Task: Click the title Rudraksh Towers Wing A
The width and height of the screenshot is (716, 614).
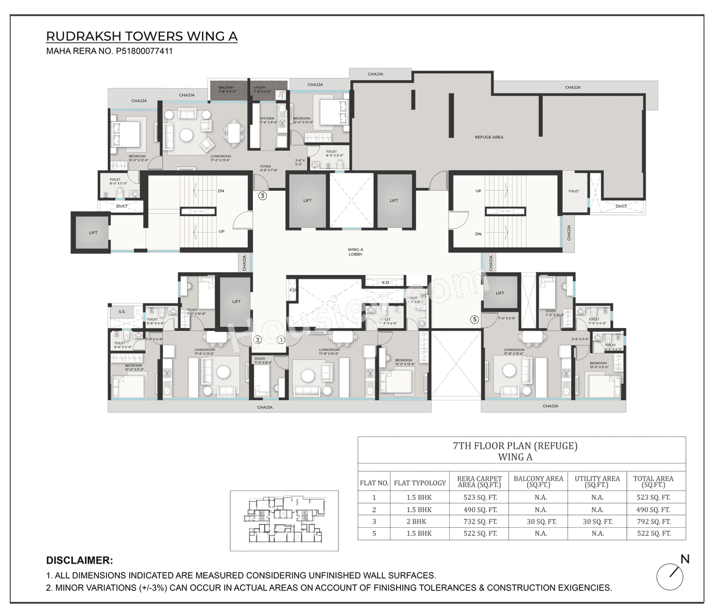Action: (142, 36)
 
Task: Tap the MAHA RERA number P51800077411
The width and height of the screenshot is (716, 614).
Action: (109, 51)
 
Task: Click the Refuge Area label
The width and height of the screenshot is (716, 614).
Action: (489, 137)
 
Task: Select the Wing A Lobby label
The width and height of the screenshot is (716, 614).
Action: (355, 252)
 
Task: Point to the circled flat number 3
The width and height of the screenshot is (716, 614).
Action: (262, 196)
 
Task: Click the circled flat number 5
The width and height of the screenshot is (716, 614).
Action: (474, 320)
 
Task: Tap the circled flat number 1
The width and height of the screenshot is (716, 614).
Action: (281, 340)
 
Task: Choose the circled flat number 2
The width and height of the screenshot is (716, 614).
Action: (258, 340)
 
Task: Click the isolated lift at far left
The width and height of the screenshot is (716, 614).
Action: (93, 232)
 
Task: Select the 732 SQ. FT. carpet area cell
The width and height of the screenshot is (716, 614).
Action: (480, 522)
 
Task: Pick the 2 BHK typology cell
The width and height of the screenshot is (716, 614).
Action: (419, 522)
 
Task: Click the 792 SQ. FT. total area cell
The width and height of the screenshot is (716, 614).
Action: (653, 522)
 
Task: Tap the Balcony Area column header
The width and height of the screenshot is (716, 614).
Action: (538, 481)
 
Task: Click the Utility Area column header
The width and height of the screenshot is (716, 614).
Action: (597, 481)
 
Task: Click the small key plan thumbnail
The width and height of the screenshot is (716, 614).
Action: (284, 521)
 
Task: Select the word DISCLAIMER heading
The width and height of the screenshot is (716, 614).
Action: (79, 560)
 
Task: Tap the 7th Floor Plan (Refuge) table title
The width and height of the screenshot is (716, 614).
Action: (515, 451)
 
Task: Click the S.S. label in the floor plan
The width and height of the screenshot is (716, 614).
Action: (122, 311)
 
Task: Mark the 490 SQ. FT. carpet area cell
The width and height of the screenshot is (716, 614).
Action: (480, 510)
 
